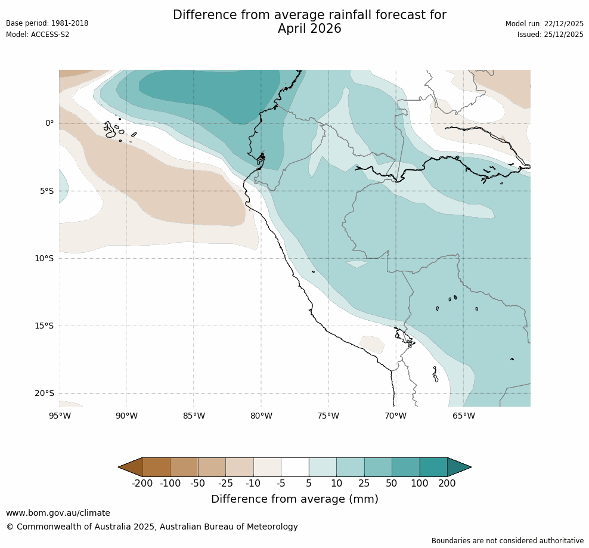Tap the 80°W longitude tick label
coord(261,416)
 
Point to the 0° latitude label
coord(49,123)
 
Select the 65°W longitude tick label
coord(463,416)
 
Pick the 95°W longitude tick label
coord(59,416)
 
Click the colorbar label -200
coord(142,483)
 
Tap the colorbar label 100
coord(420,483)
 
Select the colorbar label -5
coord(281,483)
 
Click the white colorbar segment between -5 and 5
coord(294,467)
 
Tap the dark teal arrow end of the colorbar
coord(458,467)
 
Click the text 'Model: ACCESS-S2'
coord(38,35)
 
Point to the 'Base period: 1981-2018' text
coord(47,23)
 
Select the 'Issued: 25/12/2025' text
coord(550,35)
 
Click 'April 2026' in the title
coord(309,29)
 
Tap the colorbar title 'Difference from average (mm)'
coord(294,499)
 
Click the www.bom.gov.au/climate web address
coord(58,513)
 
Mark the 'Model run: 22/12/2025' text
coord(544,23)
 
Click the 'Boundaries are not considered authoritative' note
coord(507,540)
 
